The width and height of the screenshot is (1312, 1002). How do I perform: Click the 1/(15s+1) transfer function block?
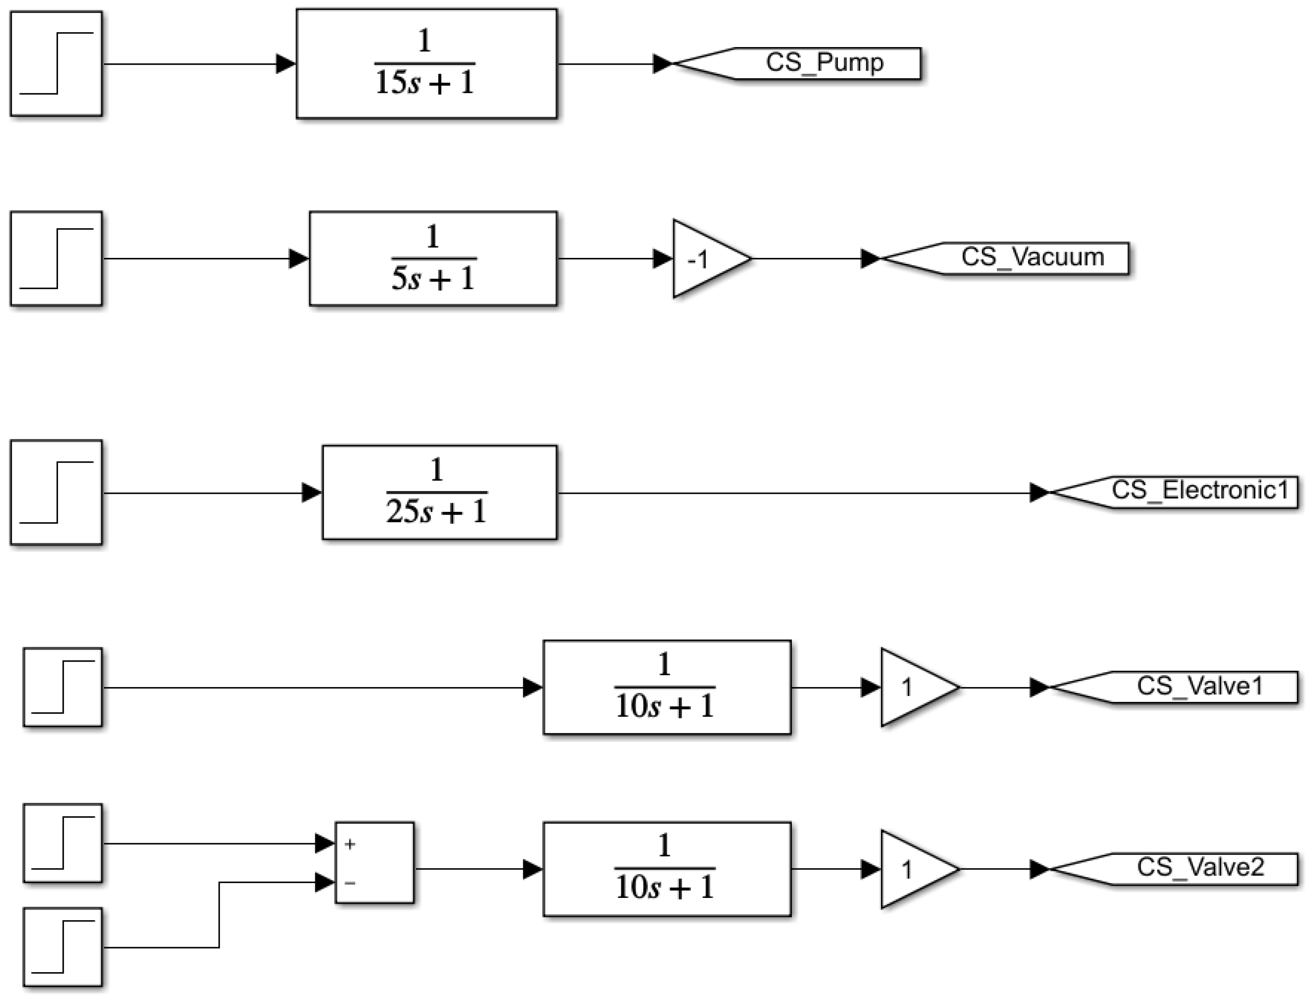pos(426,63)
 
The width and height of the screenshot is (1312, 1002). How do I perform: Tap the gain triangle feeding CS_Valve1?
pos(913,687)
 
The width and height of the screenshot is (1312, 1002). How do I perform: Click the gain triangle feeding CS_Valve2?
pos(913,869)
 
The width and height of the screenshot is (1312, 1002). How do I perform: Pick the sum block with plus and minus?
pos(374,863)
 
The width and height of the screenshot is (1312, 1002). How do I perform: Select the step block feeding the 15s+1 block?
pos(56,63)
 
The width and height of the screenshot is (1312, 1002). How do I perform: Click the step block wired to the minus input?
pos(62,946)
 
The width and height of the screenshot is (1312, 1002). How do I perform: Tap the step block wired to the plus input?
pos(62,843)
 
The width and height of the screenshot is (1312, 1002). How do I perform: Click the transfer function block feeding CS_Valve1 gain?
pos(666,687)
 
